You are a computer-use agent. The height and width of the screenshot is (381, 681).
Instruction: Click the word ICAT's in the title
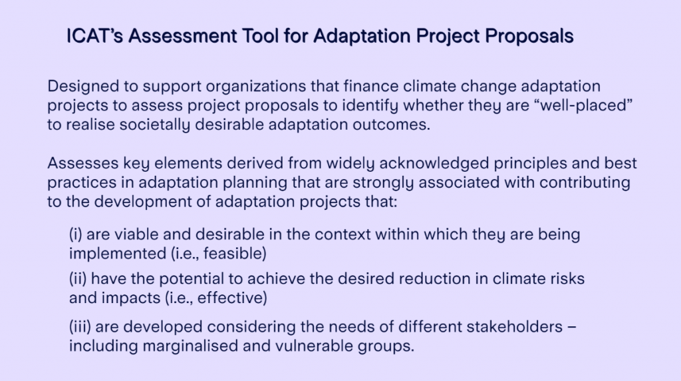[94, 36]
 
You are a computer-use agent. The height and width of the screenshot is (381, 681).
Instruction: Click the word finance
[370, 86]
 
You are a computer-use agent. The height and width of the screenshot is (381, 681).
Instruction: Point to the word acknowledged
[434, 164]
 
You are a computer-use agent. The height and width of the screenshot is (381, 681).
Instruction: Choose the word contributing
[585, 183]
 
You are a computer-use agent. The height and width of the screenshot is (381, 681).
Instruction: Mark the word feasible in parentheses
[235, 254]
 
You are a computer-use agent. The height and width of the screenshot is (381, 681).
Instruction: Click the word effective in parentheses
[232, 298]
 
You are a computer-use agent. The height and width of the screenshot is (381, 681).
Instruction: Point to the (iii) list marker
[80, 327]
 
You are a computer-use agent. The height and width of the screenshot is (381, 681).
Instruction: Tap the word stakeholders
[514, 326]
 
